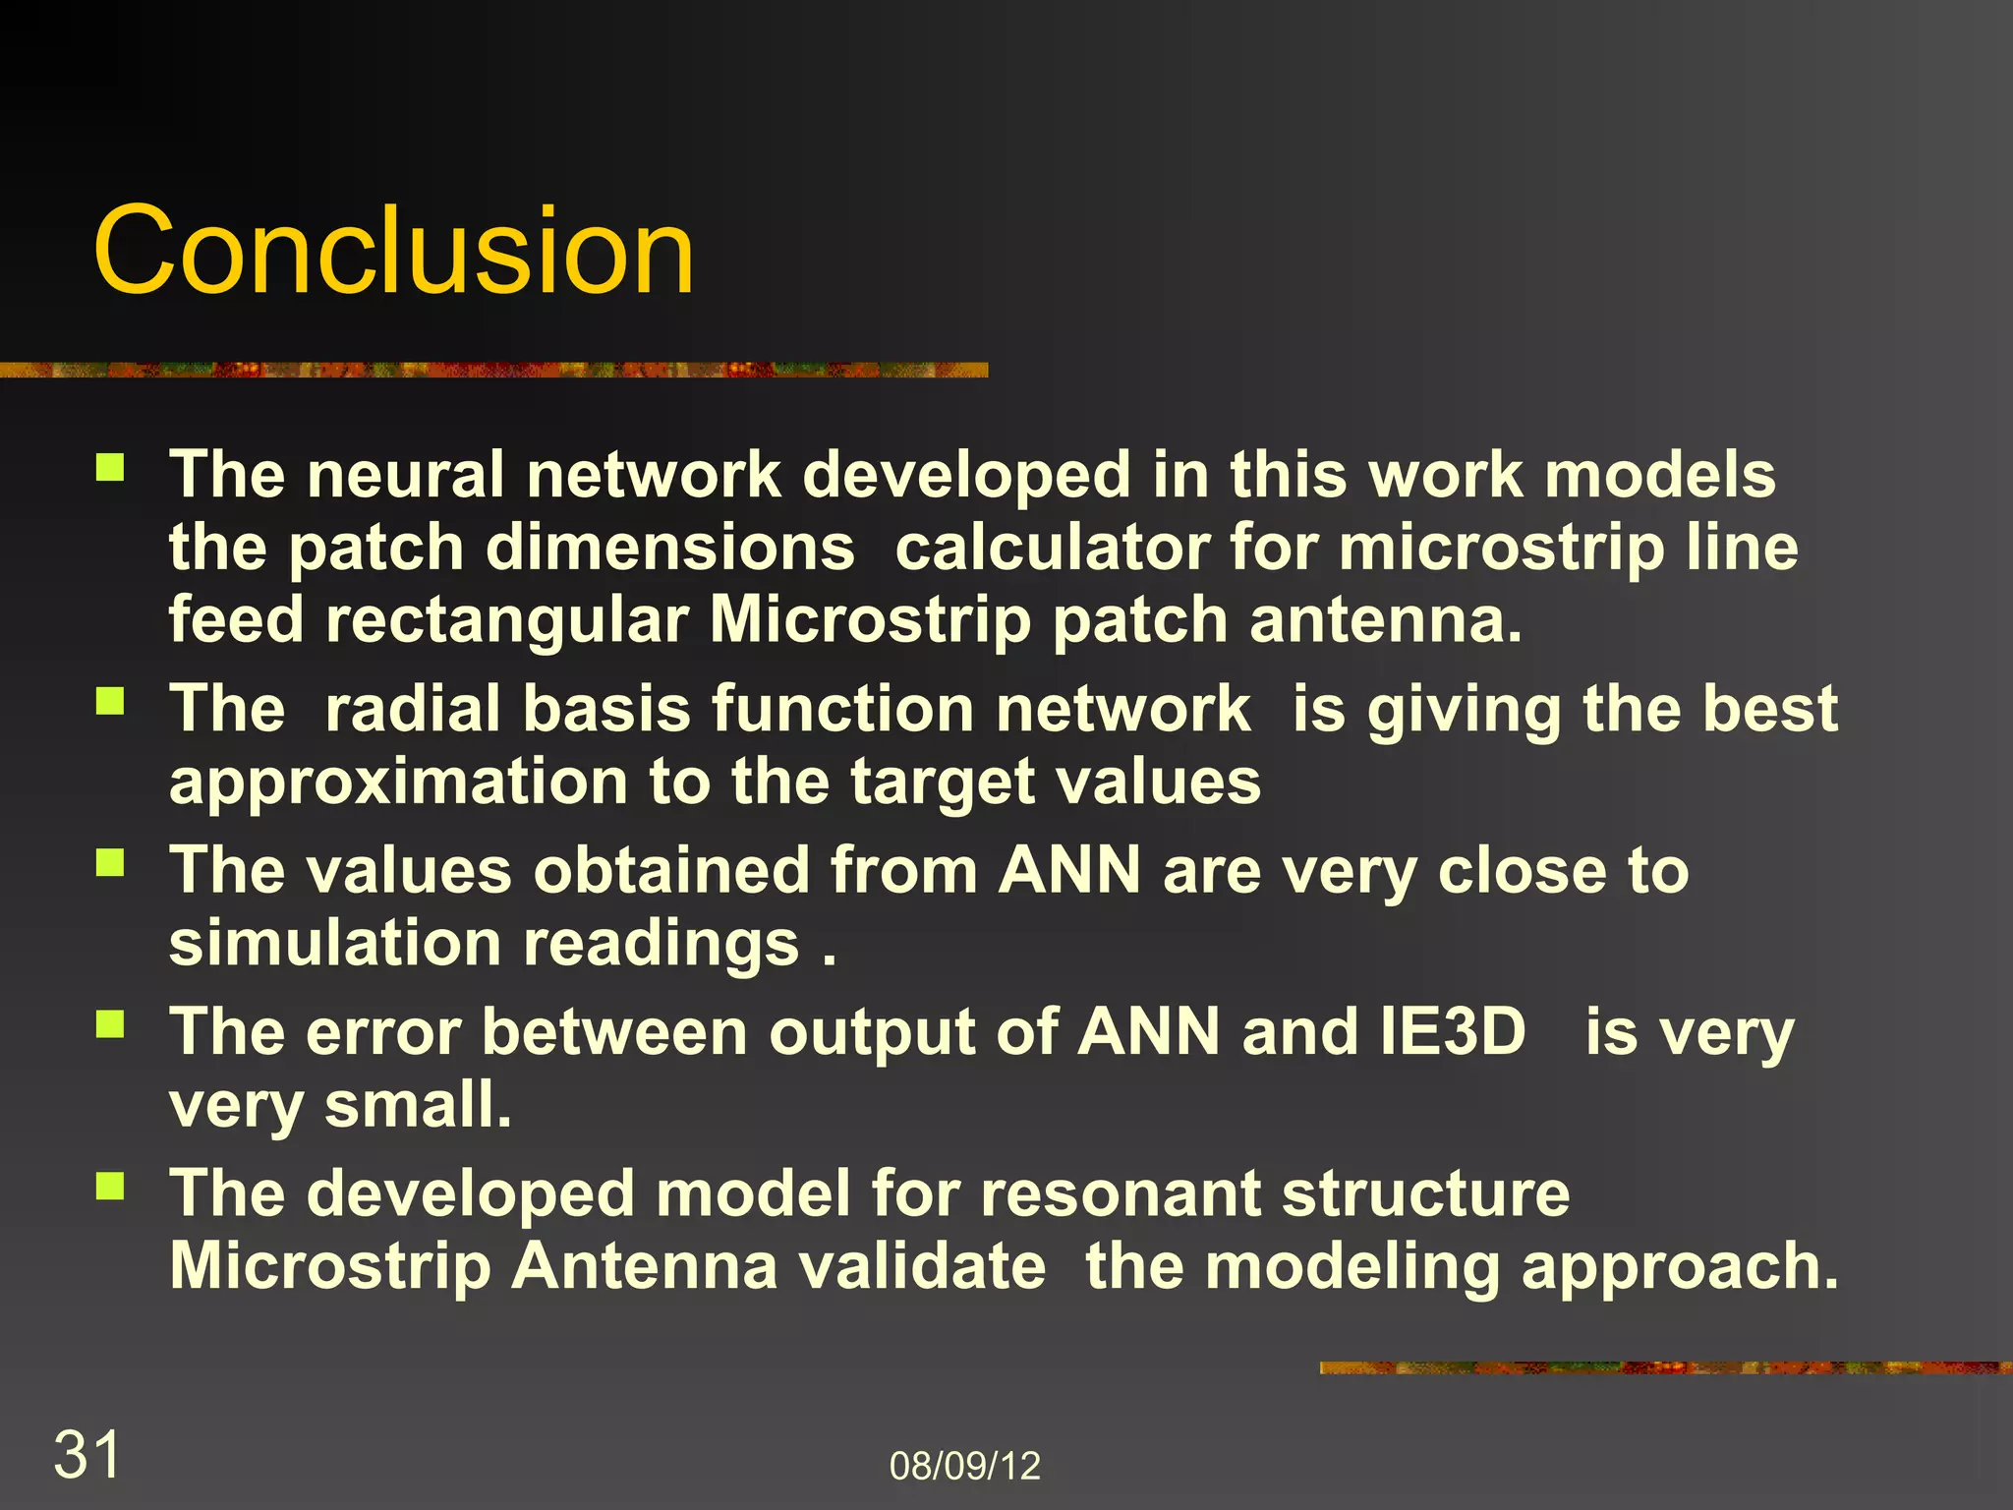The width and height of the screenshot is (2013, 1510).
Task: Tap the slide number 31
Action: (86, 1454)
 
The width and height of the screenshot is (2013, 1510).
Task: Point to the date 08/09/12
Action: (964, 1466)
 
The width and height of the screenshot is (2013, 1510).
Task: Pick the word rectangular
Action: (506, 620)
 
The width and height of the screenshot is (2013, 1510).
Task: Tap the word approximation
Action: (398, 784)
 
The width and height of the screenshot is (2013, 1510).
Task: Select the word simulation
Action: (335, 944)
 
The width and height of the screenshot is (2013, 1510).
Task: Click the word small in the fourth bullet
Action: (418, 1105)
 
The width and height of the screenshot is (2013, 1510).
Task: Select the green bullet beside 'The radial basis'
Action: (110, 701)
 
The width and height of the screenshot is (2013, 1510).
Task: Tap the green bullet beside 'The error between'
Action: (110, 1024)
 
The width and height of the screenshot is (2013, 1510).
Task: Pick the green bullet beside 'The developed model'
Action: (110, 1186)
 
